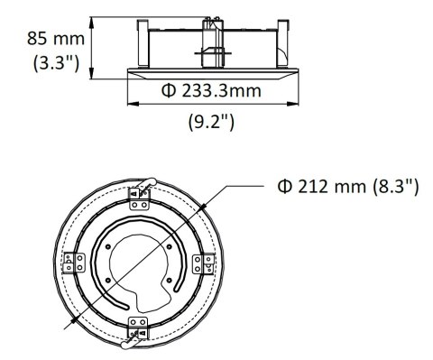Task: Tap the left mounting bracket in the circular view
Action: click(72, 263)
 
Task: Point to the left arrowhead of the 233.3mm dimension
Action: click(130, 101)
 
